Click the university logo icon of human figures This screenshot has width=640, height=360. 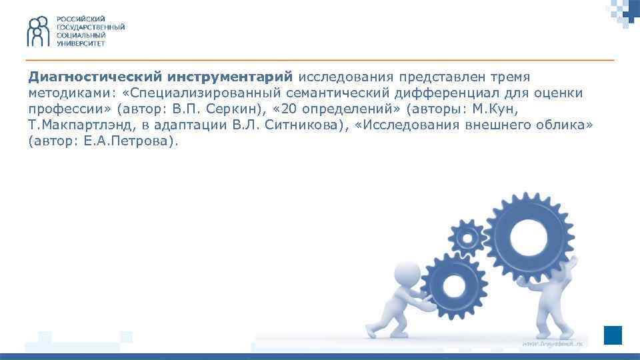[x=39, y=31]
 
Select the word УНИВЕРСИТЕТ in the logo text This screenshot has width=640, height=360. [x=80, y=43]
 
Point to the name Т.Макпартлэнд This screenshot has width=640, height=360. [x=79, y=125]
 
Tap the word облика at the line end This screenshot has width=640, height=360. [x=563, y=125]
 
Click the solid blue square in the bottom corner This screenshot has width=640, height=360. [x=613, y=335]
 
